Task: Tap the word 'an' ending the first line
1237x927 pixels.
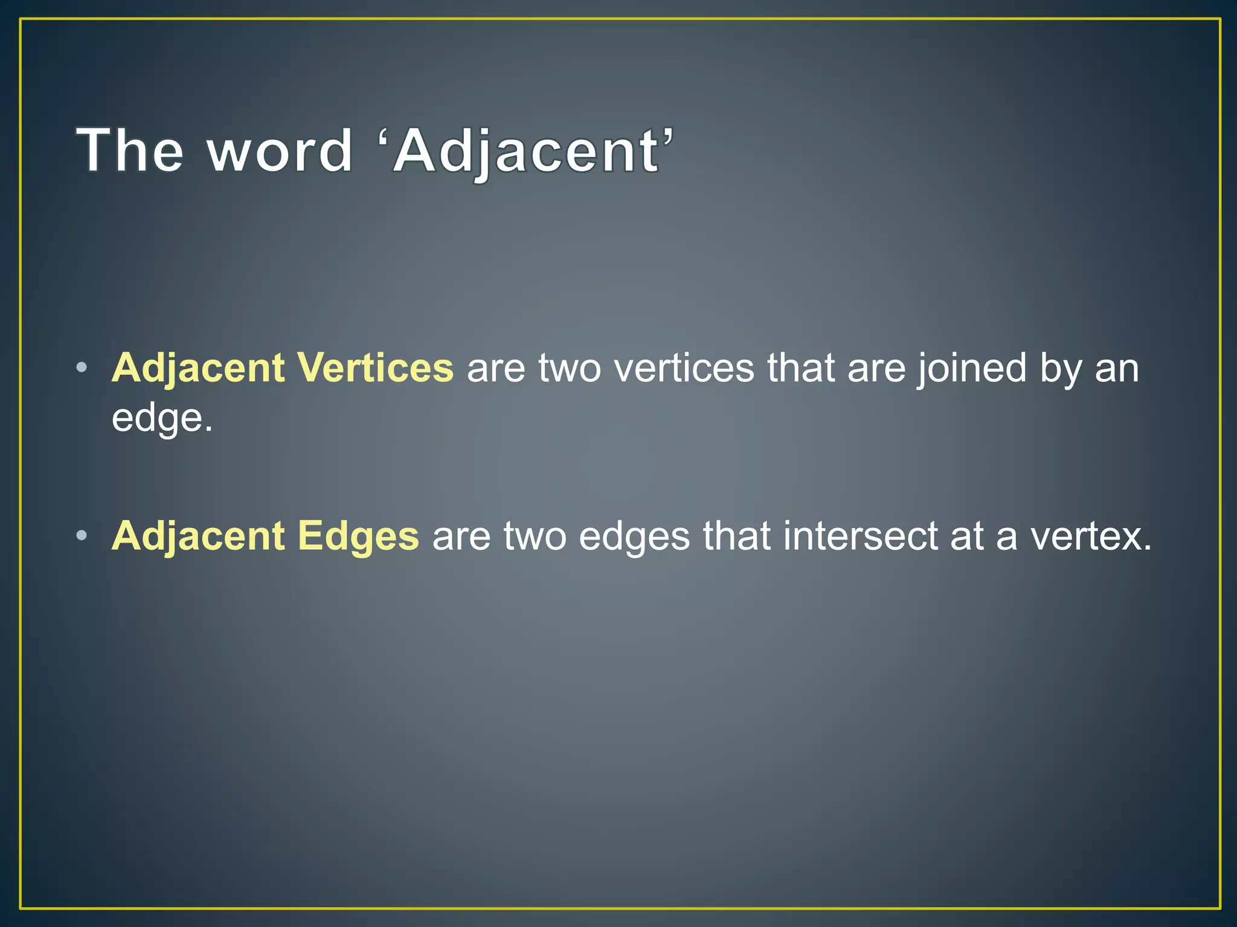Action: pos(1117,369)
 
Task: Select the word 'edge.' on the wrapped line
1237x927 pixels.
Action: pos(162,418)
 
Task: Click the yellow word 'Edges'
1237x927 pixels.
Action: pos(358,536)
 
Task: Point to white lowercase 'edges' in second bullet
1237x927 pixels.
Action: pos(634,536)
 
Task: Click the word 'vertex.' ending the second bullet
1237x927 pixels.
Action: pos(1091,536)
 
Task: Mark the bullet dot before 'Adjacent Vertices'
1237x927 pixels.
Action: pos(83,368)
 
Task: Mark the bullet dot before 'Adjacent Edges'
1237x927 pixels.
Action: pos(83,535)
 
